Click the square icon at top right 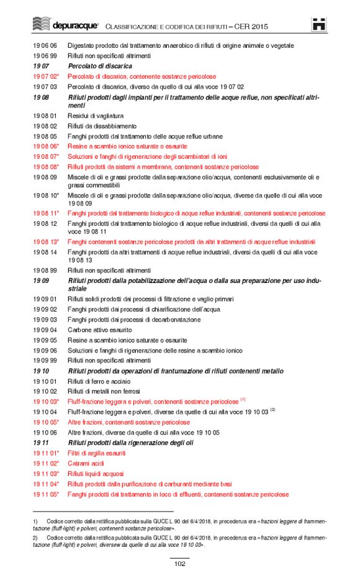tap(319, 24)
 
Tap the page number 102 tap(180, 564)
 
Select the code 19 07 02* tap(46, 76)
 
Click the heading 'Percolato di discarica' tap(100, 66)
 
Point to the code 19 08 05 tap(45, 136)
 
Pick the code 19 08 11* tap(46, 213)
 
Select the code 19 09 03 tap(45, 320)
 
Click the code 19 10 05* tap(46, 422)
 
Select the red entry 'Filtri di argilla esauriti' tap(96, 453)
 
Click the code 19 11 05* tap(46, 494)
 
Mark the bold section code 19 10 tap(41, 371)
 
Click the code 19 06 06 tap(45, 45)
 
